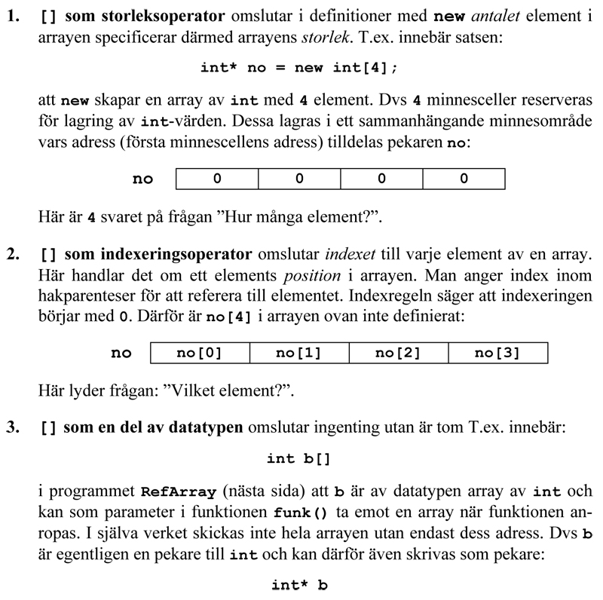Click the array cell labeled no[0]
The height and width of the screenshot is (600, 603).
[x=199, y=353]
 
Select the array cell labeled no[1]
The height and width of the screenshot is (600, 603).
[x=298, y=353]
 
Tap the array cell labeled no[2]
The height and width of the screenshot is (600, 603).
[x=397, y=353]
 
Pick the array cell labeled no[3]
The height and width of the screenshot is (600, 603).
[x=497, y=353]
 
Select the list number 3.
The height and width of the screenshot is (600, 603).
[x=12, y=428]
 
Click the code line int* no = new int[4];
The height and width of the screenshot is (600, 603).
[x=298, y=68]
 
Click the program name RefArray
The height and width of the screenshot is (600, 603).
[x=178, y=492]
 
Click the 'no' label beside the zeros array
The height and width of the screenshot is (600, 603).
[x=142, y=179]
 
